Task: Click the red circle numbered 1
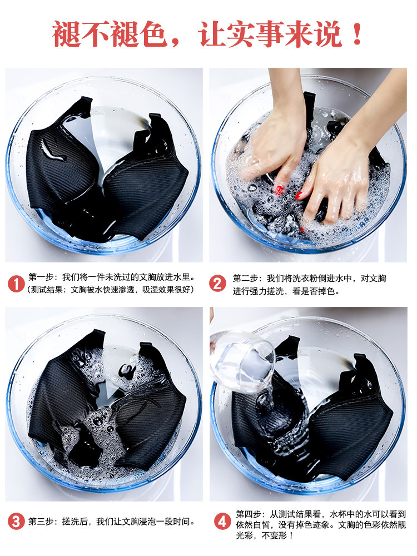coord(16,284)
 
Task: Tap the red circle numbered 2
coord(217,284)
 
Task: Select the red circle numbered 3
coord(16,522)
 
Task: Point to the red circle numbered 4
coord(223,522)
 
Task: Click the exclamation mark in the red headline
coord(358,34)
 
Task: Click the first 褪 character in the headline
coord(67,34)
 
